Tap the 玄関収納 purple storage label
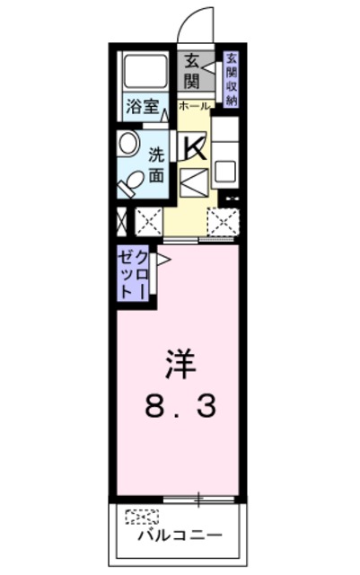(232, 79)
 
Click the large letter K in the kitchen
(194, 146)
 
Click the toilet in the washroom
(131, 181)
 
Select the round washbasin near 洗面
(127, 143)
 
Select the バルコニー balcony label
(179, 537)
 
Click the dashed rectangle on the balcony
(142, 516)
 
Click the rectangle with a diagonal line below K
(194, 183)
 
